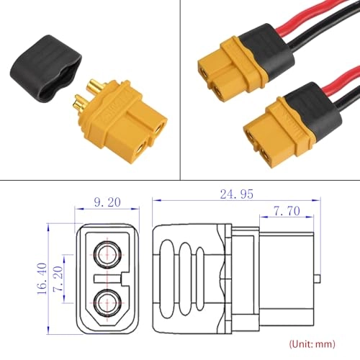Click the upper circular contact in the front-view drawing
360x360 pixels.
[x=108, y=253]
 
